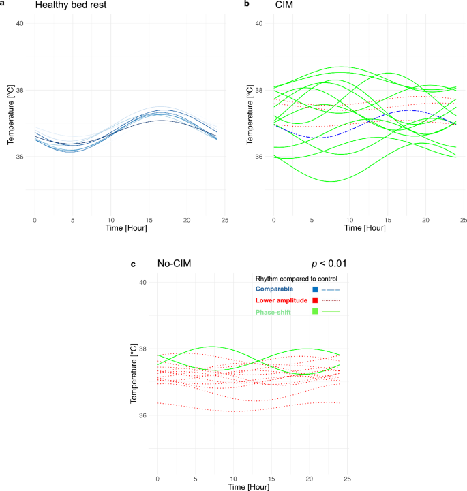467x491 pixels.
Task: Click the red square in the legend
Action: [314, 300]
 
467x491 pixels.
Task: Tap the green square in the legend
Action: [314, 312]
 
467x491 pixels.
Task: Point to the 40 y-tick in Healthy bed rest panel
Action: [20, 23]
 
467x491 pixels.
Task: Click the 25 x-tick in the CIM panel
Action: [463, 220]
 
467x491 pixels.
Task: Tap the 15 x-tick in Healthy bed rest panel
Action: [148, 220]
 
